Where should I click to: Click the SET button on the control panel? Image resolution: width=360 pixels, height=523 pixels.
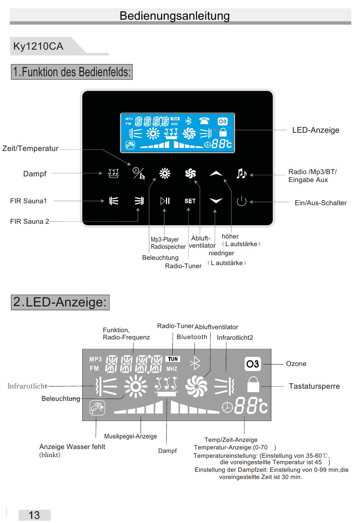coord(190,201)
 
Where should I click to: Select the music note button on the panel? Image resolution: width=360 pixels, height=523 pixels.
coord(241,173)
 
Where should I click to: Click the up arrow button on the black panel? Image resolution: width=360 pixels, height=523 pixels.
coord(216,173)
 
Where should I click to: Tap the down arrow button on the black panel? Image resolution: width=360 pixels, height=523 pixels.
coord(216,200)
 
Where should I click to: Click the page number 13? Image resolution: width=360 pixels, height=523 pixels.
coord(34,515)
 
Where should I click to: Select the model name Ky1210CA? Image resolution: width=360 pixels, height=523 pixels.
coord(38,46)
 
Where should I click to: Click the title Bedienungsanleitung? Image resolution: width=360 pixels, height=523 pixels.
coord(175,16)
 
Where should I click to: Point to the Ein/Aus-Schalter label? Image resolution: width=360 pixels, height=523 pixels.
coord(321,203)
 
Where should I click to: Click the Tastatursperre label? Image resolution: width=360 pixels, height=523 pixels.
coord(314,386)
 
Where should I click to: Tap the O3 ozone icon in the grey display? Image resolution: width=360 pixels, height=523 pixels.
coord(253,364)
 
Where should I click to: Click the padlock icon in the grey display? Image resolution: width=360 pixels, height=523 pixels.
coord(253,384)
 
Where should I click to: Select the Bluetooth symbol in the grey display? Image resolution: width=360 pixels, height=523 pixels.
coord(195,363)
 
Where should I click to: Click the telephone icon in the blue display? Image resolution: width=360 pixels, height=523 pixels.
coord(204,121)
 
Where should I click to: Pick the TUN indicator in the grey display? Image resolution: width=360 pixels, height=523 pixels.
coord(173,359)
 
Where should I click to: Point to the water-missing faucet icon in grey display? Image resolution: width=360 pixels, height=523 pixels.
coord(97,408)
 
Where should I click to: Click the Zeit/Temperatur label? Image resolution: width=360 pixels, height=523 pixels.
coord(30,149)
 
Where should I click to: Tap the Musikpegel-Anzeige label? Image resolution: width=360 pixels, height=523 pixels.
coord(130,436)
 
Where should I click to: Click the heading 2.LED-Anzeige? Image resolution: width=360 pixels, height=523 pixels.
coord(60,302)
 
